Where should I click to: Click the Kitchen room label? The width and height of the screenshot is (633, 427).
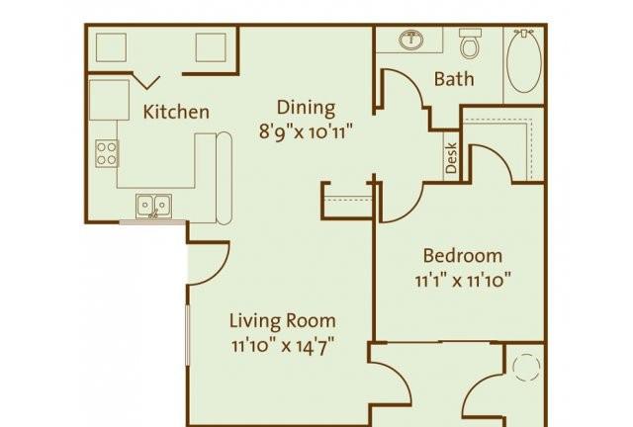176,112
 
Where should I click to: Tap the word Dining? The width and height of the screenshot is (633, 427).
306,108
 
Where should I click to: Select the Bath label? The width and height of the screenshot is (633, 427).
454,79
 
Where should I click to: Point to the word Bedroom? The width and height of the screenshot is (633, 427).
463,255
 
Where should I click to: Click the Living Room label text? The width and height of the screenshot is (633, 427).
283,321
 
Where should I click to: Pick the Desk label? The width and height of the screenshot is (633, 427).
452,158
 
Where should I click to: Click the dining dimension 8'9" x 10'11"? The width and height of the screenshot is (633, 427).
307,131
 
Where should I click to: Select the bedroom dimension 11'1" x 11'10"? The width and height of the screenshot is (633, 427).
463,280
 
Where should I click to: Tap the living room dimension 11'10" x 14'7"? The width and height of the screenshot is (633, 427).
283,346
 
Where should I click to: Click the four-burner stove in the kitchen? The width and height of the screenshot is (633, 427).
107,154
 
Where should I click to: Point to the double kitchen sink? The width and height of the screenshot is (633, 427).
154,207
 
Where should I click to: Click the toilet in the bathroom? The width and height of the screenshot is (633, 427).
471,43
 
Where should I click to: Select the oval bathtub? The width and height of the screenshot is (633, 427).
524,61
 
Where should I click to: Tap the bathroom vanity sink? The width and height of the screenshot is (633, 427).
411,40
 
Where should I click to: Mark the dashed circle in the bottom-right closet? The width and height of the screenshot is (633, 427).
526,368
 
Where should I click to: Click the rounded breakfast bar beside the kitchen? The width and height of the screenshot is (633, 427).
225,178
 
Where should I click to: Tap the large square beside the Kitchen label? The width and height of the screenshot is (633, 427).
109,100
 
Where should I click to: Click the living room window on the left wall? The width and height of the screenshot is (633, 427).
187,335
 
